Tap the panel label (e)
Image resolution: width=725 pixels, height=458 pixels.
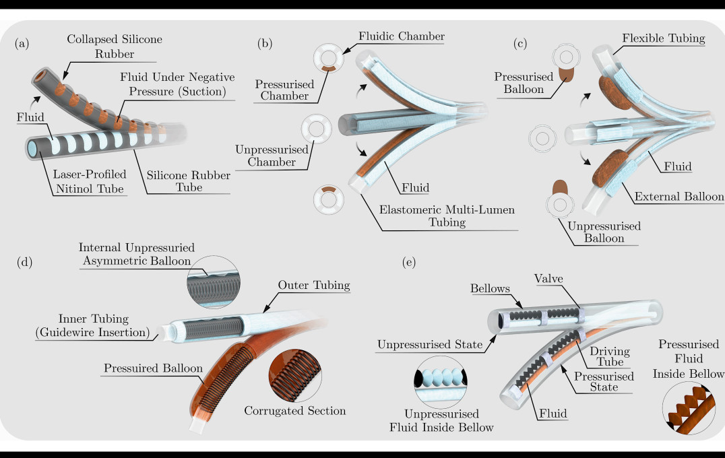409,262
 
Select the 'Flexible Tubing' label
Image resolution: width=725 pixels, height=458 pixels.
664,39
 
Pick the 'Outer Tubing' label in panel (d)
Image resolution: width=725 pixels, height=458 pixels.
313,286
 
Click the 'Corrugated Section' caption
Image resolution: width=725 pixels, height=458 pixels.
295,410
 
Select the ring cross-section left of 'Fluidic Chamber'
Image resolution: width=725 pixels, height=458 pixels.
330,57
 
